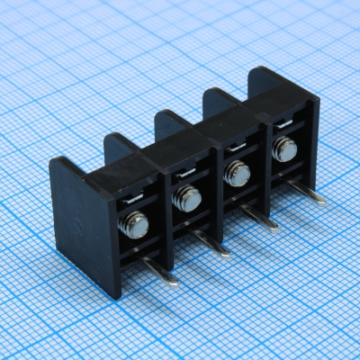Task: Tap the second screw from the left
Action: click(187, 199)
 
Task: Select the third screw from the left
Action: click(237, 173)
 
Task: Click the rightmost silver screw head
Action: click(284, 148)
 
